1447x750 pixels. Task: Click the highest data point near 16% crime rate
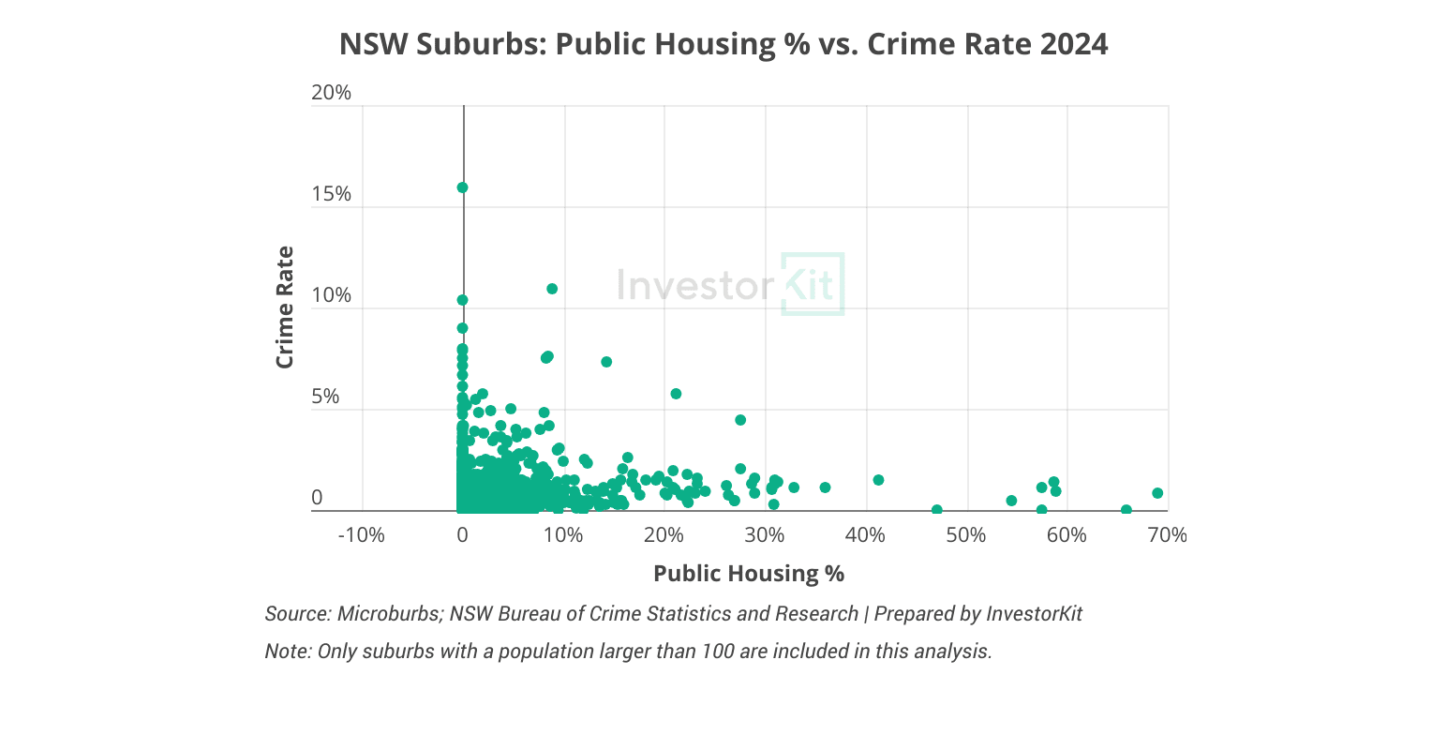pyautogui.click(x=462, y=187)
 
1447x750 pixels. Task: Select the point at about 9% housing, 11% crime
pyautogui.click(x=552, y=289)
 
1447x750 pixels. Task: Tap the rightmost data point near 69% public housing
pyautogui.click(x=1157, y=493)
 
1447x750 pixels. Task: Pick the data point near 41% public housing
pyautogui.click(x=878, y=480)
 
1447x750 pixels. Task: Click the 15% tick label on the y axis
pyautogui.click(x=330, y=194)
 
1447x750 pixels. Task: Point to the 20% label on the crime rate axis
pyautogui.click(x=330, y=93)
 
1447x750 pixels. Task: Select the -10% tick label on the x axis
pyautogui.click(x=361, y=535)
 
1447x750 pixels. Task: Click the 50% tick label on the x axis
pyautogui.click(x=966, y=535)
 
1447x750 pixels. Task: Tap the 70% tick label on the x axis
pyautogui.click(x=1168, y=535)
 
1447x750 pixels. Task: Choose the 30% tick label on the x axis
pyautogui.click(x=765, y=535)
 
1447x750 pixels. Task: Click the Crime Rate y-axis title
pyautogui.click(x=285, y=307)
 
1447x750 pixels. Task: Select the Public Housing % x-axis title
pyautogui.click(x=749, y=574)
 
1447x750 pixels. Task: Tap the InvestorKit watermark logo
pyautogui.click(x=730, y=284)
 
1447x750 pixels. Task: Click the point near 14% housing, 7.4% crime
pyautogui.click(x=606, y=362)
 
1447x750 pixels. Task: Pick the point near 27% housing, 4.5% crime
pyautogui.click(x=740, y=420)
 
